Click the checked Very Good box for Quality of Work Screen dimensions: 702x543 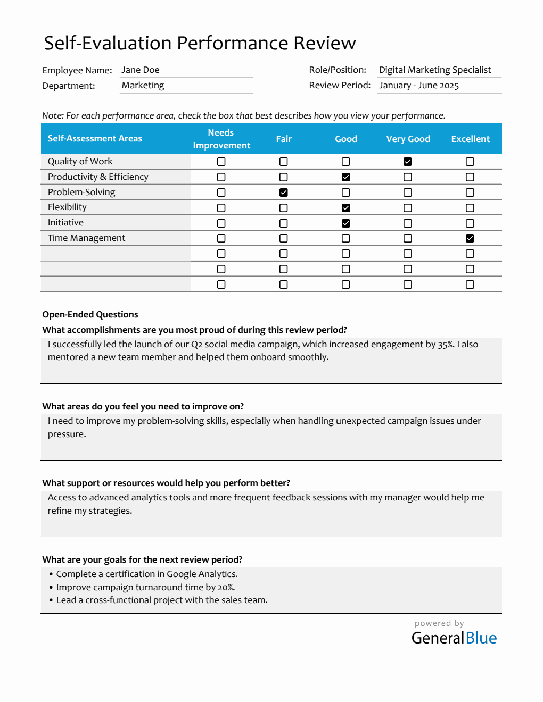click(408, 162)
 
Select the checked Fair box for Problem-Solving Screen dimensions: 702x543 click(284, 193)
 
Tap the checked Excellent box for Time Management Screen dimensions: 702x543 click(470, 238)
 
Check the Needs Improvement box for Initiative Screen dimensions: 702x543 click(221, 223)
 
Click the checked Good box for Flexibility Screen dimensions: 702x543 click(346, 208)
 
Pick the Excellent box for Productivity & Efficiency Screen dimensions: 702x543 click(470, 177)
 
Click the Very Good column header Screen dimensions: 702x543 click(408, 139)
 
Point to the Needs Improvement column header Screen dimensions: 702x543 click(221, 139)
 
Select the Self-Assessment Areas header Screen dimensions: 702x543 click(95, 139)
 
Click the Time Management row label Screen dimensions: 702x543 click(86, 238)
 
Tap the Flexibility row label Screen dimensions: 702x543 click(67, 207)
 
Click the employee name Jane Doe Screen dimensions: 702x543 click(141, 70)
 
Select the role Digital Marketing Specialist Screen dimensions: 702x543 click(435, 70)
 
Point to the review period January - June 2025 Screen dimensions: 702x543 click(419, 86)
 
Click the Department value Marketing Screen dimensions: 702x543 click(143, 86)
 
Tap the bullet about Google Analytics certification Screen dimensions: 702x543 click(147, 574)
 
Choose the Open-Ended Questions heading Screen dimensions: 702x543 click(90, 315)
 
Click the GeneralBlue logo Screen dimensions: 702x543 click(454, 638)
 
